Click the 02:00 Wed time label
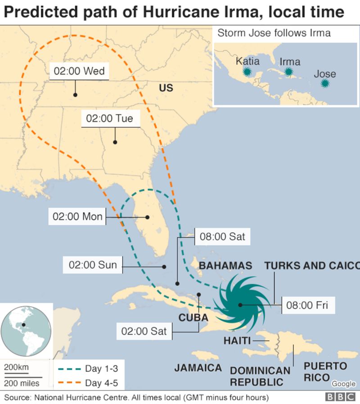[79, 71]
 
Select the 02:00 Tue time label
[110, 118]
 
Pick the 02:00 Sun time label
[93, 265]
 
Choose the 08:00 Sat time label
[222, 236]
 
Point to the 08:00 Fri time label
[307, 305]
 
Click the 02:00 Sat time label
[144, 331]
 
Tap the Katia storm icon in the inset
[247, 72]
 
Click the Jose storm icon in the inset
[324, 83]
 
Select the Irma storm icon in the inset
[288, 72]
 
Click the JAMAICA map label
[198, 368]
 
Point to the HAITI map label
[237, 340]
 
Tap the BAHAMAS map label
[225, 266]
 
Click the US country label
[166, 88]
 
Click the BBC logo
[339, 397]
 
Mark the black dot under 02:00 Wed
[75, 95]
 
